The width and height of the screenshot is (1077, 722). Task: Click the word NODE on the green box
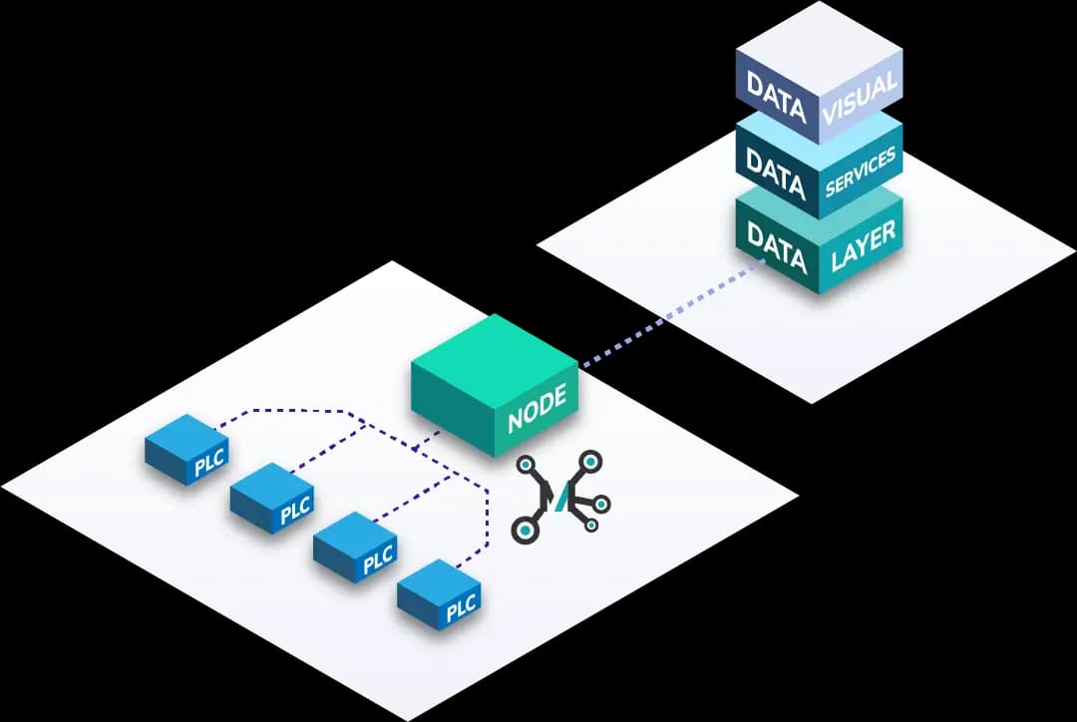pos(537,409)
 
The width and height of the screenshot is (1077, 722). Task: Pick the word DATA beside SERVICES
pos(775,173)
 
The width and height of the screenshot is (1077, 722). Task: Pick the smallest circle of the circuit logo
pos(591,525)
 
